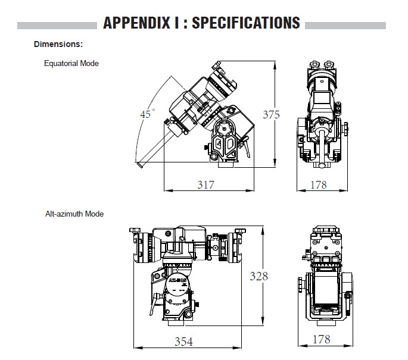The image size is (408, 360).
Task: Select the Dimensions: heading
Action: click(x=58, y=44)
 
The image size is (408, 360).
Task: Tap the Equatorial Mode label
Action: click(x=71, y=63)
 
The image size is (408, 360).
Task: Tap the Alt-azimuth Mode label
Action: click(x=74, y=214)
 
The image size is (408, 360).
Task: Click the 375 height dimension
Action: click(x=271, y=114)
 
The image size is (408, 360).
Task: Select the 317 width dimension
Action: click(x=206, y=184)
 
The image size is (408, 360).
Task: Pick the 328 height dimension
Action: click(x=258, y=276)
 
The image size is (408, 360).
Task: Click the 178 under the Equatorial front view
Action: click(x=319, y=184)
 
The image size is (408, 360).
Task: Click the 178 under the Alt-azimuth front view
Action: click(x=322, y=340)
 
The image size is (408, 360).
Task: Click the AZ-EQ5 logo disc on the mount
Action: click(x=176, y=285)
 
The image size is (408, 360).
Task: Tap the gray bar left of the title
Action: click(x=57, y=26)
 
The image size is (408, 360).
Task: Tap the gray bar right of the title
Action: click(x=345, y=26)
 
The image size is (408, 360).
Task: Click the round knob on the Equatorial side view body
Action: click(x=226, y=127)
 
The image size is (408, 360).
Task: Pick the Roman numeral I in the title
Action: click(x=177, y=23)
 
